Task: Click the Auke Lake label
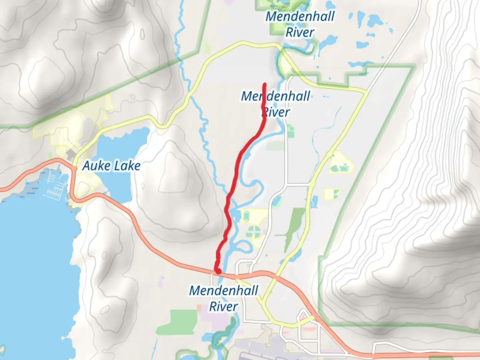coord(111,166)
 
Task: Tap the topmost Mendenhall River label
coord(300,24)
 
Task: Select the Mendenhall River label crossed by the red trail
coord(275,104)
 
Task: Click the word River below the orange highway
coord(223,306)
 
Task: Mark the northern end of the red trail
coord(265,84)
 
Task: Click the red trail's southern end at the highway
coord(217,271)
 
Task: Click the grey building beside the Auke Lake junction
coord(71,154)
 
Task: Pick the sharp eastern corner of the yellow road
coord(367,91)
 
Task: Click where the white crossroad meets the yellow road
coord(311,184)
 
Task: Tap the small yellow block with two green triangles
coord(332,194)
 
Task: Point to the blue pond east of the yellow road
coord(313,201)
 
